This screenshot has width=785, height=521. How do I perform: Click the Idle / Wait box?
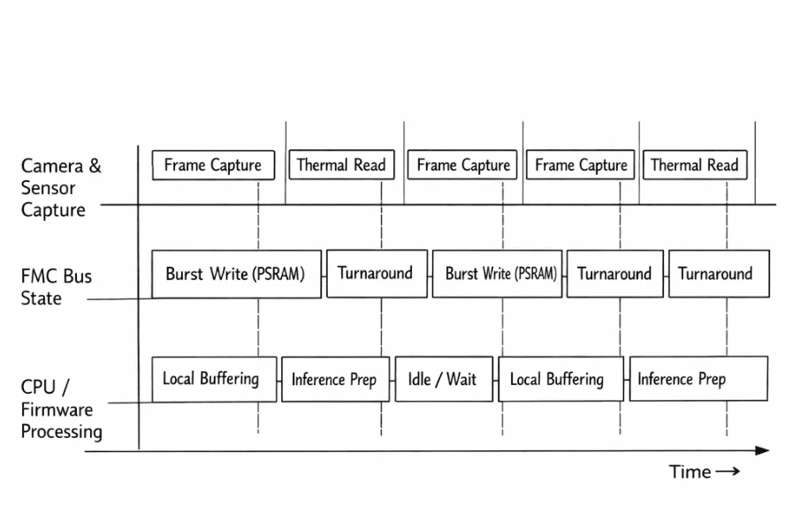(x=444, y=379)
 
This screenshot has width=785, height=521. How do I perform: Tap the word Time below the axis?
(x=690, y=472)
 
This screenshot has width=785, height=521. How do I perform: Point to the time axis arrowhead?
(x=763, y=450)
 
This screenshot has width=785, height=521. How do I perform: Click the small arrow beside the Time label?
(x=728, y=471)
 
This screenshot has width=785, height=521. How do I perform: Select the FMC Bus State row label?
(x=56, y=287)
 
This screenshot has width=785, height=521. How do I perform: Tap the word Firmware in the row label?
(x=57, y=410)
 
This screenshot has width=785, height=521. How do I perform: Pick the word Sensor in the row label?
(x=48, y=187)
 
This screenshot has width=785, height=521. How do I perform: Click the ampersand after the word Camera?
(x=95, y=165)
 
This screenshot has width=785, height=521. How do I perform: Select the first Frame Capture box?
(x=213, y=165)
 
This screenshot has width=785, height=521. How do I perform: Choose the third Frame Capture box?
(x=580, y=164)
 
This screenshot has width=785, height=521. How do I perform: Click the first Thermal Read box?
(x=341, y=164)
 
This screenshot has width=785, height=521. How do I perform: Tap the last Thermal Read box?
(x=695, y=164)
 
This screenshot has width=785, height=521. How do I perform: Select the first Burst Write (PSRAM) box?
(x=236, y=274)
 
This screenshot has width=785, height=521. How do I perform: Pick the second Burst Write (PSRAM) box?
(x=497, y=274)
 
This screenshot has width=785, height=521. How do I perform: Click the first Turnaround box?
(x=377, y=274)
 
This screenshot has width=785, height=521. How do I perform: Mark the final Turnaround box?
(x=719, y=274)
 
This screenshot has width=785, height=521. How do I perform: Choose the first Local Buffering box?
(x=214, y=379)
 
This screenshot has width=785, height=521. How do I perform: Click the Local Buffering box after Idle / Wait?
(x=561, y=379)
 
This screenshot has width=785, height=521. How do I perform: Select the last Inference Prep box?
(x=698, y=379)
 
